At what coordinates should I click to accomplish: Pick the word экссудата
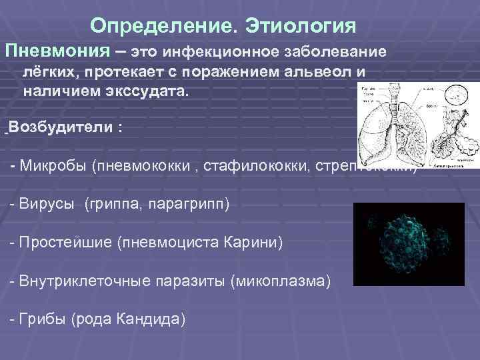click(155, 91)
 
